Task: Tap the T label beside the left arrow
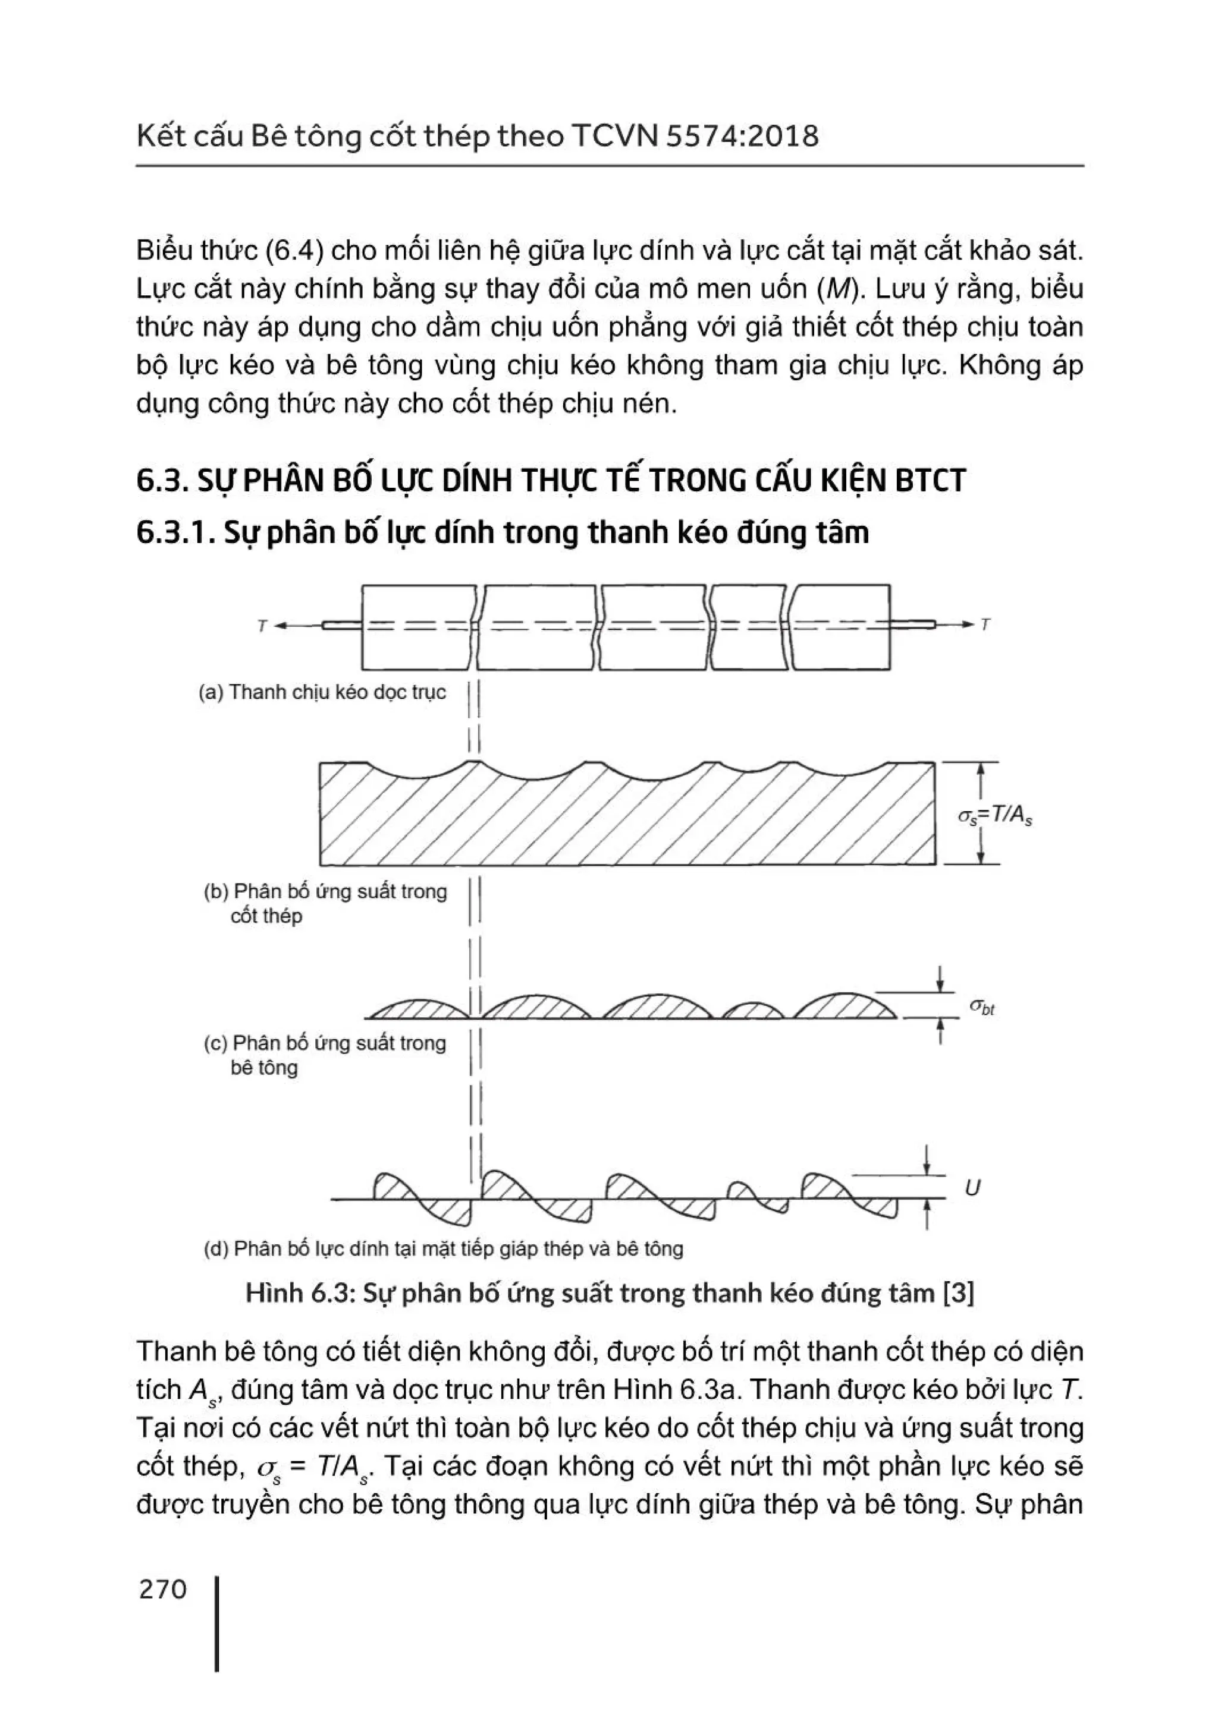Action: coord(262,625)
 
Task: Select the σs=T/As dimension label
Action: coord(994,816)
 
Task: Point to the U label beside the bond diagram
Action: coord(972,1187)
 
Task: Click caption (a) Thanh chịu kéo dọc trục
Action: coord(322,692)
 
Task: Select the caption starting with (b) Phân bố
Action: coord(325,903)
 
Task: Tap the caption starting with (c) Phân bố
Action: coord(325,1055)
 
